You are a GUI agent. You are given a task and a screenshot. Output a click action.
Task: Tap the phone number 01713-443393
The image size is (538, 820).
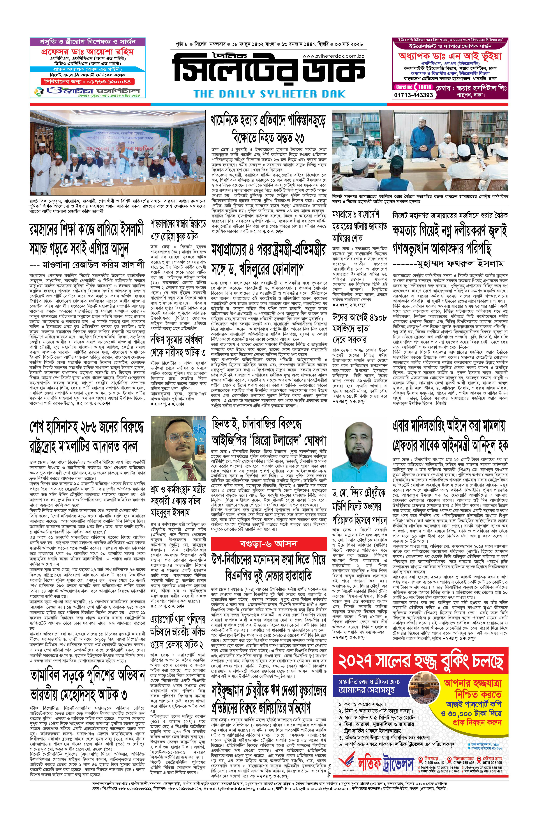click(x=414, y=95)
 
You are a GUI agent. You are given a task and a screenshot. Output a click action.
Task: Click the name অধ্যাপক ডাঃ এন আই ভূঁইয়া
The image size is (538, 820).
click(x=450, y=56)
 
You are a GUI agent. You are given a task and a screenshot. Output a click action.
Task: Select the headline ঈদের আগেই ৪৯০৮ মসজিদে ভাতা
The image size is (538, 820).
click(x=359, y=327)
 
